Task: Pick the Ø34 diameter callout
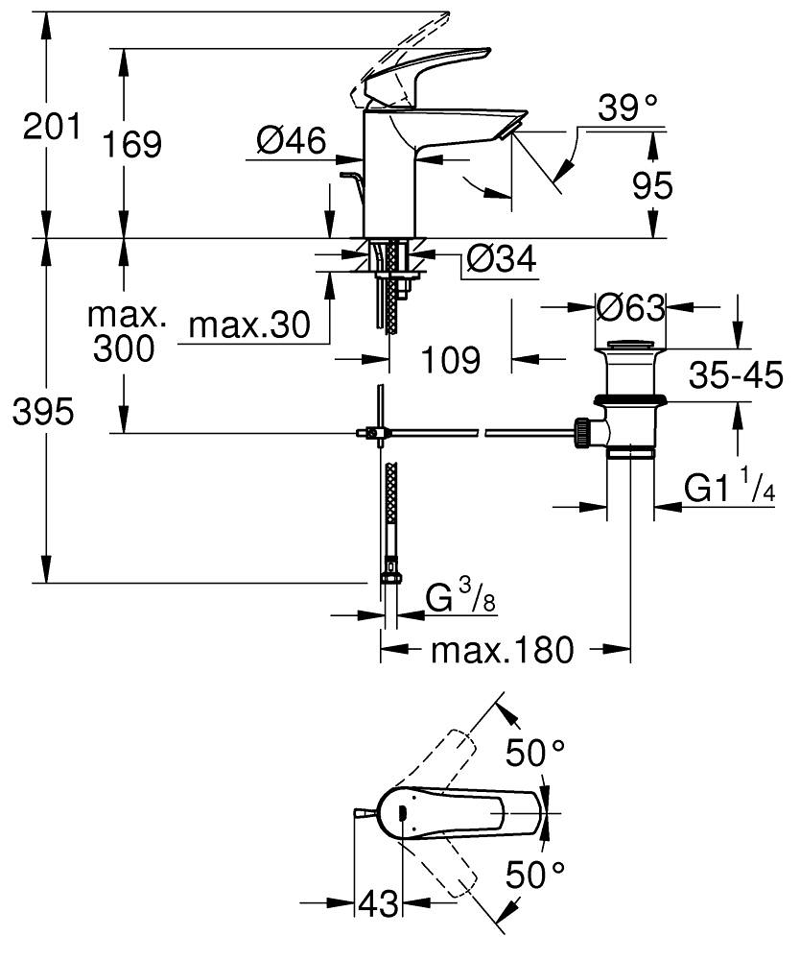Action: point(500,258)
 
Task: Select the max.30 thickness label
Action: point(249,326)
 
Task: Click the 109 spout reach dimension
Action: point(451,360)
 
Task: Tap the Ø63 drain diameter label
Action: point(629,307)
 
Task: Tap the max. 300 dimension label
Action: point(125,332)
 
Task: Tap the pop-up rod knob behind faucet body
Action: point(348,177)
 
